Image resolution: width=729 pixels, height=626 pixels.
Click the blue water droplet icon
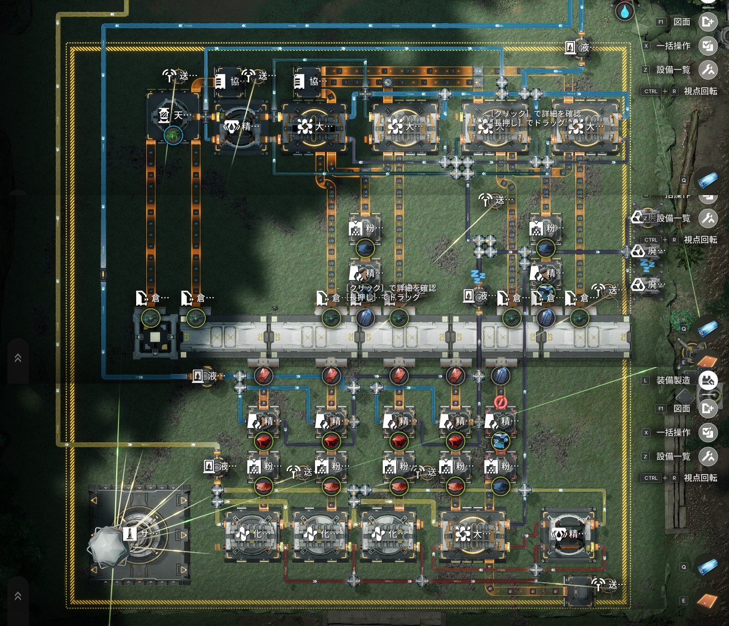pyautogui.click(x=625, y=11)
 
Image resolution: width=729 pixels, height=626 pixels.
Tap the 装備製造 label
pyautogui.click(x=673, y=380)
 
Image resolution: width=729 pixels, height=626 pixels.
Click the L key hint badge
pyautogui.click(x=645, y=380)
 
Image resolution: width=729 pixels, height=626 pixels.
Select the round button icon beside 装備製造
pyautogui.click(x=708, y=380)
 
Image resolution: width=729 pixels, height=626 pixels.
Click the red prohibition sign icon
pyautogui.click(x=501, y=402)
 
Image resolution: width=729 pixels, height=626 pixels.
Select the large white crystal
pyautogui.click(x=109, y=547)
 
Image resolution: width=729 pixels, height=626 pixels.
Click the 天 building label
pyautogui.click(x=179, y=116)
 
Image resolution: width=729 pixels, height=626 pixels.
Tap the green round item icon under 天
pyautogui.click(x=173, y=135)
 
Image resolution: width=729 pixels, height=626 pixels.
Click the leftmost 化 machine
pyautogui.click(x=252, y=535)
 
